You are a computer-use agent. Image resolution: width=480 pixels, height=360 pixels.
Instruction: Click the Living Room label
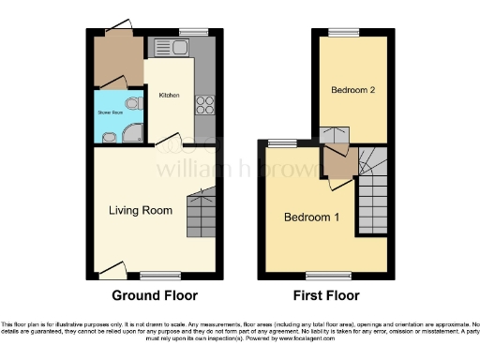coord(140,211)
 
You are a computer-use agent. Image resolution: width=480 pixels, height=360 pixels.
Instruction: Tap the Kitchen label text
coord(169,96)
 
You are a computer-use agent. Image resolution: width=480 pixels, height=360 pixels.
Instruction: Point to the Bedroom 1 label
coord(312,217)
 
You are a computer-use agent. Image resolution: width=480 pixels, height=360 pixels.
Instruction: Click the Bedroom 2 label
coord(352,91)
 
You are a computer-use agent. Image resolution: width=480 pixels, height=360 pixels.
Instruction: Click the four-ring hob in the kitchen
coord(202,105)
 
